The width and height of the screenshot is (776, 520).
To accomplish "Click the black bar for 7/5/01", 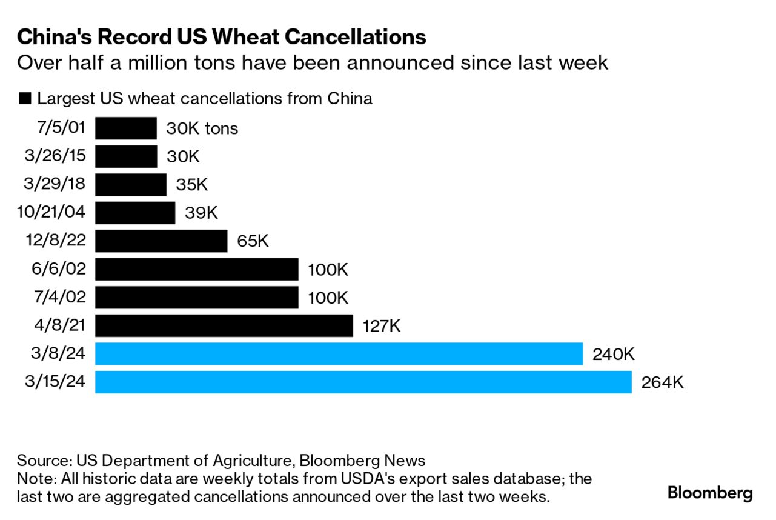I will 126,128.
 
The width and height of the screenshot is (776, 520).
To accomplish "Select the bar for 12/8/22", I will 161,241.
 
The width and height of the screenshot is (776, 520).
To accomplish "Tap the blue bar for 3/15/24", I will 363,382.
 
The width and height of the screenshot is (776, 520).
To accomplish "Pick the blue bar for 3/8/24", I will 339,354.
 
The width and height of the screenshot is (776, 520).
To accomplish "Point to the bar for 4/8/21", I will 224,326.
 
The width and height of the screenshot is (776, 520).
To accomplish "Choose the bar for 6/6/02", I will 196,270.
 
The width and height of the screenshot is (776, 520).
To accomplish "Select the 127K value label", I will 382,326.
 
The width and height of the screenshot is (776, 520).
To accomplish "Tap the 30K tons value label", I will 202,128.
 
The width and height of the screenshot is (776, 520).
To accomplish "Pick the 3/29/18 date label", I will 56,185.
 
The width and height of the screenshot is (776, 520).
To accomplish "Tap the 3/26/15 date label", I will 56,156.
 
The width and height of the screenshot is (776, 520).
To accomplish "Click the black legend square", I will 25,99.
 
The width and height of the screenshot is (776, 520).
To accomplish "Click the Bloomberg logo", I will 710,493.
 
